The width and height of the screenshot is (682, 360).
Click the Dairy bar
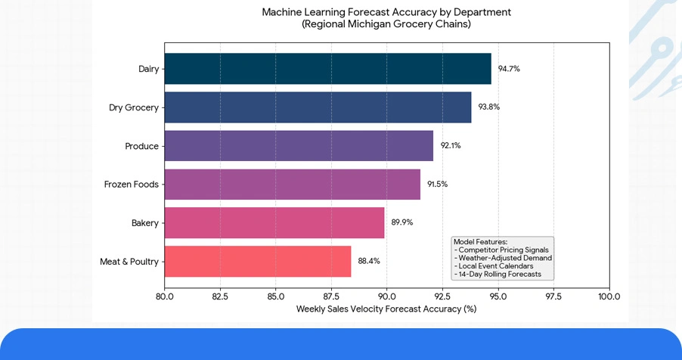point(327,69)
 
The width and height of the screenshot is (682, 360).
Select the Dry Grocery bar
point(318,107)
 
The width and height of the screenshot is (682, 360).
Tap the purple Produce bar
point(299,146)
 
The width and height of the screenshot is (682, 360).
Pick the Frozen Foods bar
point(292,185)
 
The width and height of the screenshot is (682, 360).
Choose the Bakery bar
point(274,223)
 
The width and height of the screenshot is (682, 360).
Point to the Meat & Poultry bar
point(258,262)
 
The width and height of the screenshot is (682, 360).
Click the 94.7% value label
point(509,69)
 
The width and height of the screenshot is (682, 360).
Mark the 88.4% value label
point(369,262)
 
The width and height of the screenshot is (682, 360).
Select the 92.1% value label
point(451,146)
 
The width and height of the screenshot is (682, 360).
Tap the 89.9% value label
point(402,223)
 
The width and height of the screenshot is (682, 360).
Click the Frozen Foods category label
point(132,185)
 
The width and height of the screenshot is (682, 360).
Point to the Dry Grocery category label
point(134,107)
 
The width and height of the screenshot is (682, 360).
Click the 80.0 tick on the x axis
point(165,296)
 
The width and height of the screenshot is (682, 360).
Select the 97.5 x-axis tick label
point(553,296)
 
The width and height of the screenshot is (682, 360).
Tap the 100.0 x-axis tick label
point(609,296)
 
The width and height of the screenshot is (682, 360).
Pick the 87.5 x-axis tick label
point(331,296)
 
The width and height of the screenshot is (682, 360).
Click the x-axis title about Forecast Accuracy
point(386,309)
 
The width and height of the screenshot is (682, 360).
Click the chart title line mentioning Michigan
point(386,24)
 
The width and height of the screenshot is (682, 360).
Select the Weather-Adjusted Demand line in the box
point(504,258)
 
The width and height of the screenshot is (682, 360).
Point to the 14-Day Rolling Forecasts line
point(498,274)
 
